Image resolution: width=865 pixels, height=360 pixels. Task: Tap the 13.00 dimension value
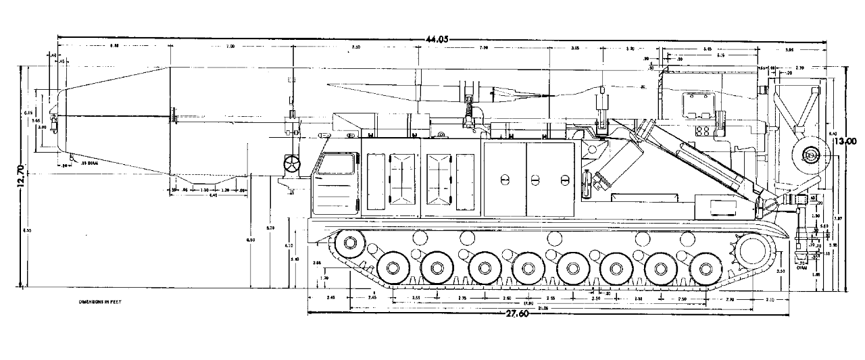tap(845, 142)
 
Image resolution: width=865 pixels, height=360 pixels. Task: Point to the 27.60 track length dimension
tap(518, 313)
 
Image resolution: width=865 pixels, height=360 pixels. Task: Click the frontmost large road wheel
tap(393, 267)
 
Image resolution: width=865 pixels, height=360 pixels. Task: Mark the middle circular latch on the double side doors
tap(535, 180)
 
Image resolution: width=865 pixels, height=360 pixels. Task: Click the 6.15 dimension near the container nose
tap(29, 112)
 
